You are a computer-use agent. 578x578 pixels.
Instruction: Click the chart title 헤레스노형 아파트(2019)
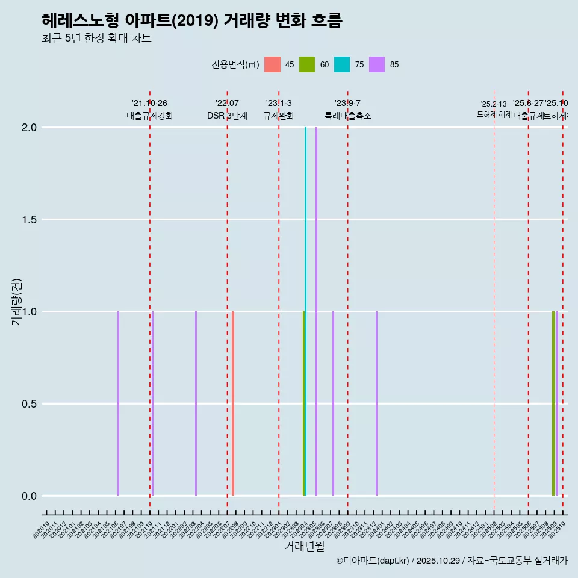click(x=191, y=20)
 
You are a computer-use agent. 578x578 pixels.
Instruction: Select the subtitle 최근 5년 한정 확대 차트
click(x=96, y=39)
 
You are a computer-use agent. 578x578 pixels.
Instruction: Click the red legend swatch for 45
click(x=272, y=64)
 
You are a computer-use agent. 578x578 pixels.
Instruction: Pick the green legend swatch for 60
click(x=307, y=64)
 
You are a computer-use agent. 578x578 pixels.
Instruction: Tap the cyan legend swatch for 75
click(x=342, y=64)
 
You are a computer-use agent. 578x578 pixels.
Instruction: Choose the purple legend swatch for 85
click(x=377, y=64)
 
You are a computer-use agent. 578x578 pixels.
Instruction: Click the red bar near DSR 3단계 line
click(x=233, y=403)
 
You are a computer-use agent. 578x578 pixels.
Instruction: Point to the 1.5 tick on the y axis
click(x=30, y=220)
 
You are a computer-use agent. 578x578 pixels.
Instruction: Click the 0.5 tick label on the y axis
click(x=30, y=404)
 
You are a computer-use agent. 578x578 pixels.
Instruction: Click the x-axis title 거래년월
click(x=304, y=547)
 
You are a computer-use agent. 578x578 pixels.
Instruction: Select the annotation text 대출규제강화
click(x=150, y=116)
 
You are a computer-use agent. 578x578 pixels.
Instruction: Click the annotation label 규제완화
click(x=279, y=116)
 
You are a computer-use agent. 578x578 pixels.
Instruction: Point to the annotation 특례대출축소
click(x=348, y=116)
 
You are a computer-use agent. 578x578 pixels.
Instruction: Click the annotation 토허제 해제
click(x=494, y=114)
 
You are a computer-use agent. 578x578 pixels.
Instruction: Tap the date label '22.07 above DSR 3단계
click(x=227, y=104)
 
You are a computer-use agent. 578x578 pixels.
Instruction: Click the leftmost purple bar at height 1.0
click(x=118, y=403)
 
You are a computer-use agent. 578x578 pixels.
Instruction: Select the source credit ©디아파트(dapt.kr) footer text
click(x=452, y=561)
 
